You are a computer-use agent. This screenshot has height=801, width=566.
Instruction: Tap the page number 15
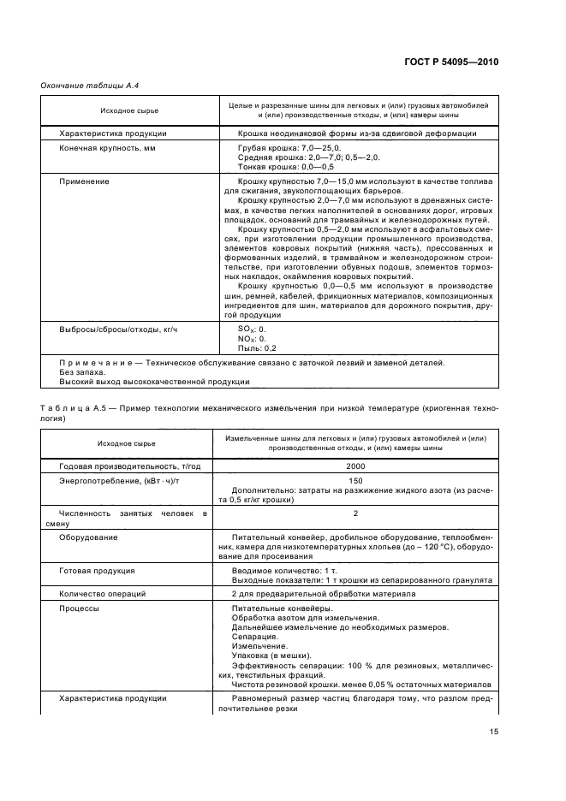[x=494, y=731]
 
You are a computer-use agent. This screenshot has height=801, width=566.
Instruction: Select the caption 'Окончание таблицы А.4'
[x=84, y=86]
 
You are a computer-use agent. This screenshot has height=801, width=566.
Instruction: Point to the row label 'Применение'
[x=84, y=181]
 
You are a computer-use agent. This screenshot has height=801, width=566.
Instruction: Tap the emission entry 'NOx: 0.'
[x=252, y=338]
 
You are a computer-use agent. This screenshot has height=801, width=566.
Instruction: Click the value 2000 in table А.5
[x=355, y=466]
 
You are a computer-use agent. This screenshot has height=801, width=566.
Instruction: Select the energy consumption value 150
[x=355, y=481]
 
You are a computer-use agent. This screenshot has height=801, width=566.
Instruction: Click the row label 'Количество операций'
[x=103, y=593]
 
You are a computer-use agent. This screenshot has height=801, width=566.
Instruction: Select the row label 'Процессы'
[x=79, y=608]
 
